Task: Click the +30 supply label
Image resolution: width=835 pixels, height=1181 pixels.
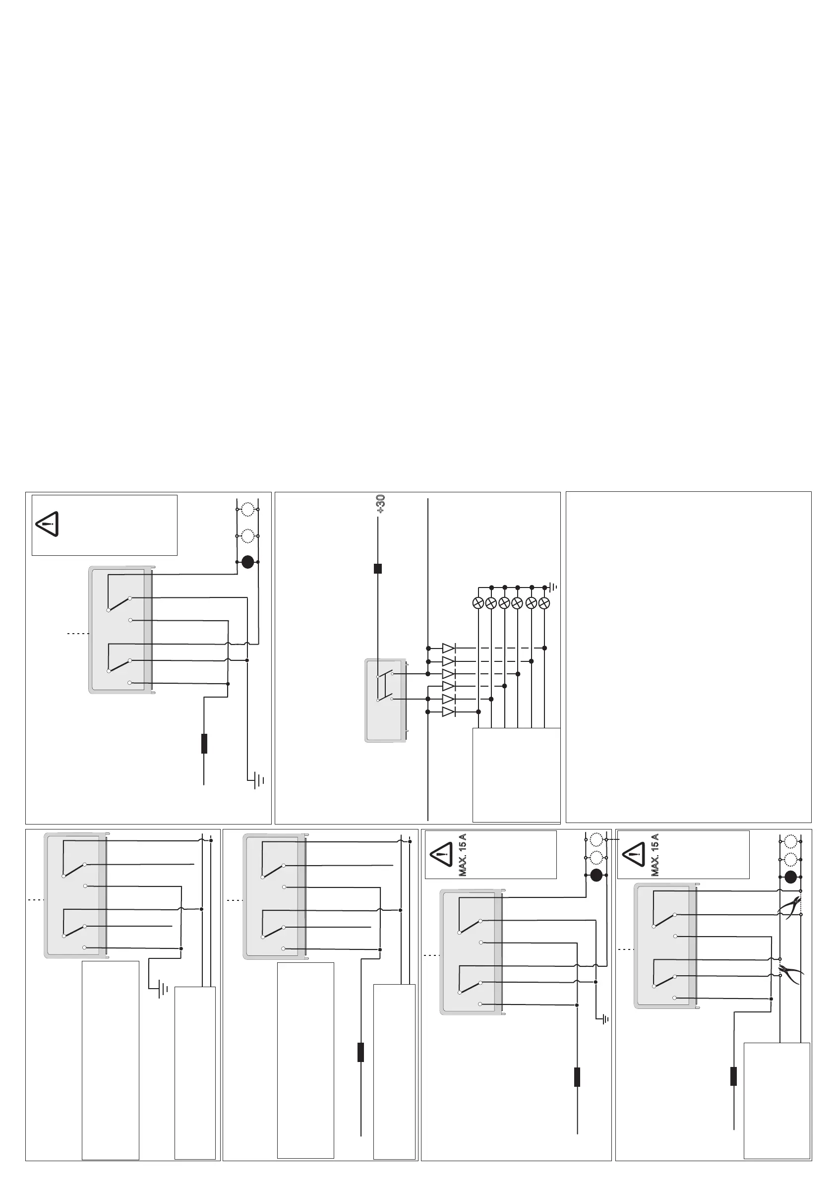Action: [381, 504]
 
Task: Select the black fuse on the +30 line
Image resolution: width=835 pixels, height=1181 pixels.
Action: [378, 568]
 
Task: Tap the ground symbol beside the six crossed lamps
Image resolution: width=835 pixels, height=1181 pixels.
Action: [553, 587]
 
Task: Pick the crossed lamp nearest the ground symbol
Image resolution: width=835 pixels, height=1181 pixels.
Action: [544, 603]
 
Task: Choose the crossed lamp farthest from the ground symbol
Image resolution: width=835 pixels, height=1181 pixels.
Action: [478, 603]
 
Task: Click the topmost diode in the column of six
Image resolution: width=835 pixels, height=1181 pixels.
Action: [449, 648]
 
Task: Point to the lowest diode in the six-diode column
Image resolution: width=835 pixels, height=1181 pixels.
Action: [449, 712]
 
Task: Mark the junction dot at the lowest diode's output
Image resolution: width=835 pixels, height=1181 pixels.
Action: [478, 712]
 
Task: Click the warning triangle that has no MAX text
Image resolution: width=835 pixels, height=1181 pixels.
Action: [47, 524]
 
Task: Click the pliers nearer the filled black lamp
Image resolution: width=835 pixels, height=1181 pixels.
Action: [790, 905]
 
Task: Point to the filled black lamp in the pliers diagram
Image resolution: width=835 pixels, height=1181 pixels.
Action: [791, 877]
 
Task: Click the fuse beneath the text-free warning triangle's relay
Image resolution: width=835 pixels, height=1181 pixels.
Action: [204, 743]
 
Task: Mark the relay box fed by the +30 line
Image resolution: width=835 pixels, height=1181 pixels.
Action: [385, 700]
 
